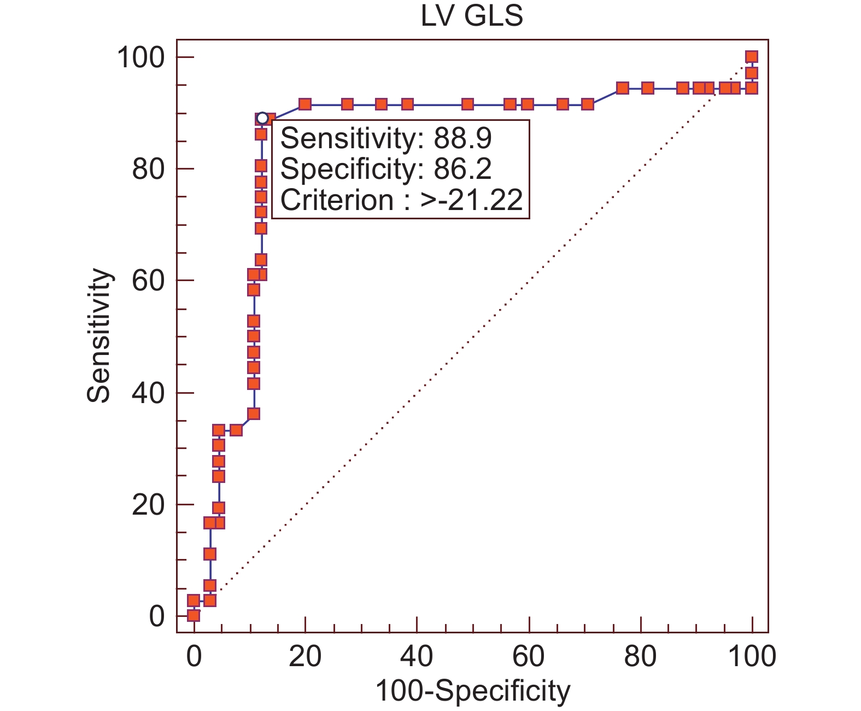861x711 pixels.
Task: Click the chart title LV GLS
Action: click(471, 16)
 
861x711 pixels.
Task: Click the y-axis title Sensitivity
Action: click(99, 336)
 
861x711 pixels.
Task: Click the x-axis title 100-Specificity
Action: click(472, 691)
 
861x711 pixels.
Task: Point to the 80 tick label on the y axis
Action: click(148, 169)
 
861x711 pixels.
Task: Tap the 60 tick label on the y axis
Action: click(148, 281)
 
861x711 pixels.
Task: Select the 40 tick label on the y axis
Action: click(148, 393)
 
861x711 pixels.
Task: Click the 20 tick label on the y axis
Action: click(148, 505)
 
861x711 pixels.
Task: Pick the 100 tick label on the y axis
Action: click(141, 57)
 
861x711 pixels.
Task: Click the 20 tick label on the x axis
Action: click(305, 656)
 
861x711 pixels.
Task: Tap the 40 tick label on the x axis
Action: click(417, 656)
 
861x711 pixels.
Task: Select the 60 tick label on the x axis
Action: click(529, 656)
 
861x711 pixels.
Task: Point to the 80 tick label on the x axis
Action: click(640, 656)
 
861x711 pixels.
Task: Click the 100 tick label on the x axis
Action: click(752, 656)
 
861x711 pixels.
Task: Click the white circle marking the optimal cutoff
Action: click(262, 118)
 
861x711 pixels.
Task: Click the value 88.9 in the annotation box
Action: click(463, 139)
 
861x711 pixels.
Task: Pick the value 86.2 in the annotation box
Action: click(463, 170)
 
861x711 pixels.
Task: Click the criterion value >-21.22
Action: click(472, 201)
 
